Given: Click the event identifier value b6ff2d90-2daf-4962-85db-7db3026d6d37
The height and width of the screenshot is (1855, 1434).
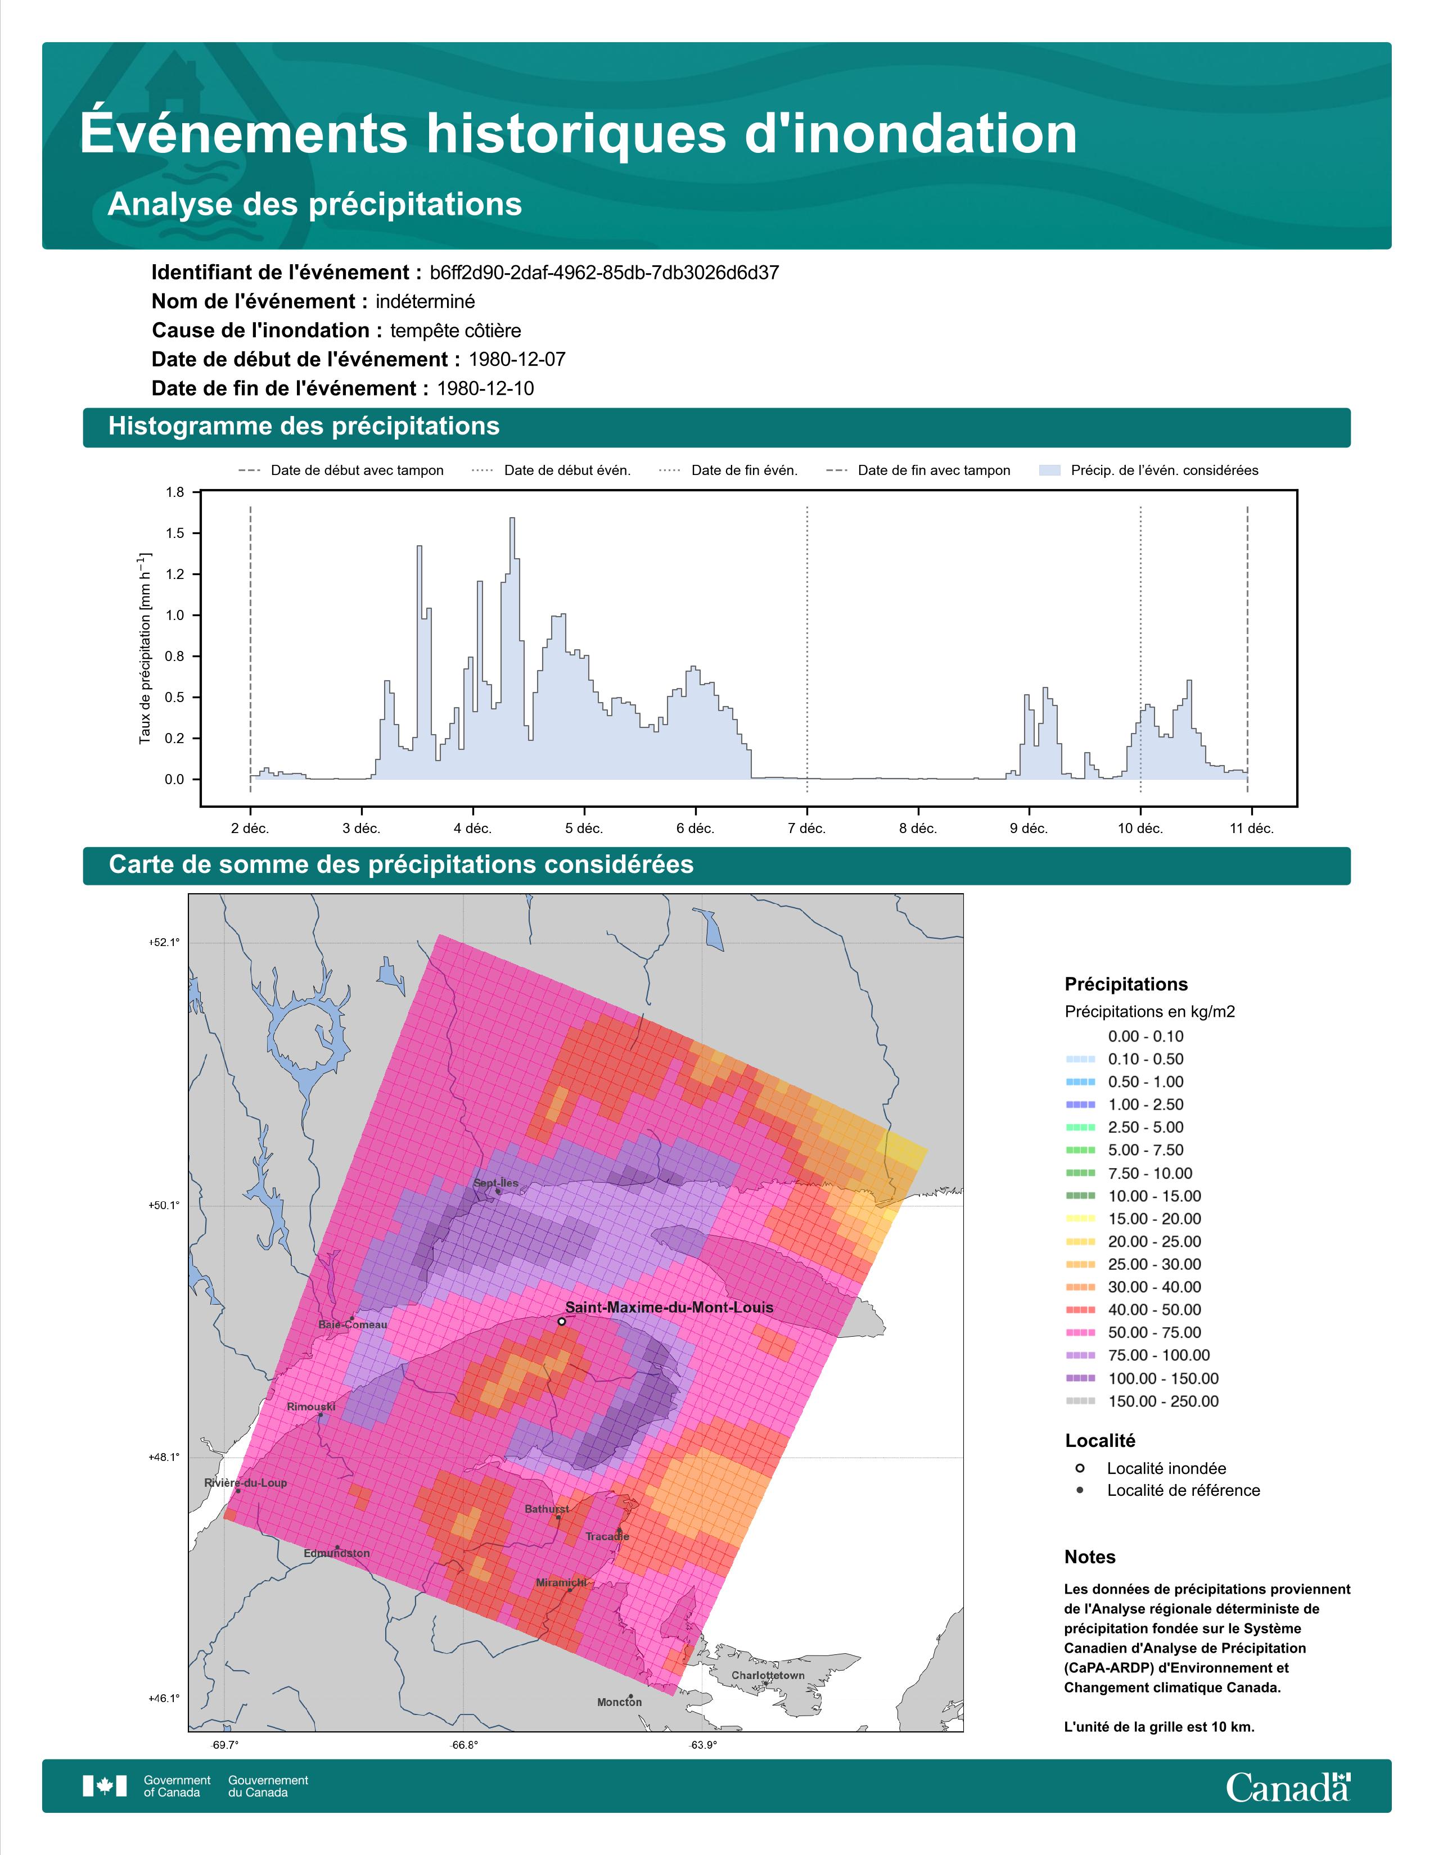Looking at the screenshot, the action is click(x=604, y=273).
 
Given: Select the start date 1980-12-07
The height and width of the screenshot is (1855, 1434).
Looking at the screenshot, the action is click(x=516, y=359).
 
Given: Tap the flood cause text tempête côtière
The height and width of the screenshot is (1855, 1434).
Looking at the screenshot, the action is click(x=456, y=331).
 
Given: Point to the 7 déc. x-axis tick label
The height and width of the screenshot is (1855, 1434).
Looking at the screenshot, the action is click(x=806, y=828).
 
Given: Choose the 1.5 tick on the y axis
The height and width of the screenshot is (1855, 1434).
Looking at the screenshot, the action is click(x=175, y=533).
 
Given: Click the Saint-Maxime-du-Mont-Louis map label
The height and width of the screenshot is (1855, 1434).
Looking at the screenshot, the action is click(x=669, y=1307).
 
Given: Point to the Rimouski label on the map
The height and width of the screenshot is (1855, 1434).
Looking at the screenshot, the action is click(x=311, y=1406).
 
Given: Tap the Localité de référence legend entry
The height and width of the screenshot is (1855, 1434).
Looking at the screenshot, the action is click(x=1183, y=1490).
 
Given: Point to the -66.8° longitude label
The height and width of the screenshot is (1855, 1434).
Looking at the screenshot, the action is click(x=464, y=1745).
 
